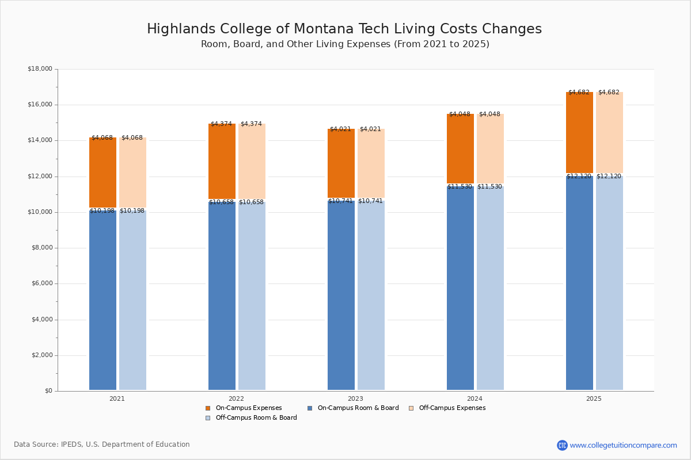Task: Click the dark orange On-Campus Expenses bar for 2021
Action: [x=102, y=172]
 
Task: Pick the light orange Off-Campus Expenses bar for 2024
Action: [x=490, y=148]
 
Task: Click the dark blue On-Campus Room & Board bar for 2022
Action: [x=222, y=296]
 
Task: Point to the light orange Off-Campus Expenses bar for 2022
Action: [x=252, y=161]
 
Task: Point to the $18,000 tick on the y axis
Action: [x=40, y=69]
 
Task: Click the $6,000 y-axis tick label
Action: [x=40, y=283]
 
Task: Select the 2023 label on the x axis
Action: [x=355, y=398]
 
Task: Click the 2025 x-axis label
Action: [x=594, y=398]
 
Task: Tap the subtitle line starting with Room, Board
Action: [x=344, y=44]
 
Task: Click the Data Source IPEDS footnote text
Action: [x=101, y=444]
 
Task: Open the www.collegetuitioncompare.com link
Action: [x=623, y=445]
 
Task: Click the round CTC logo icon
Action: [x=562, y=445]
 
